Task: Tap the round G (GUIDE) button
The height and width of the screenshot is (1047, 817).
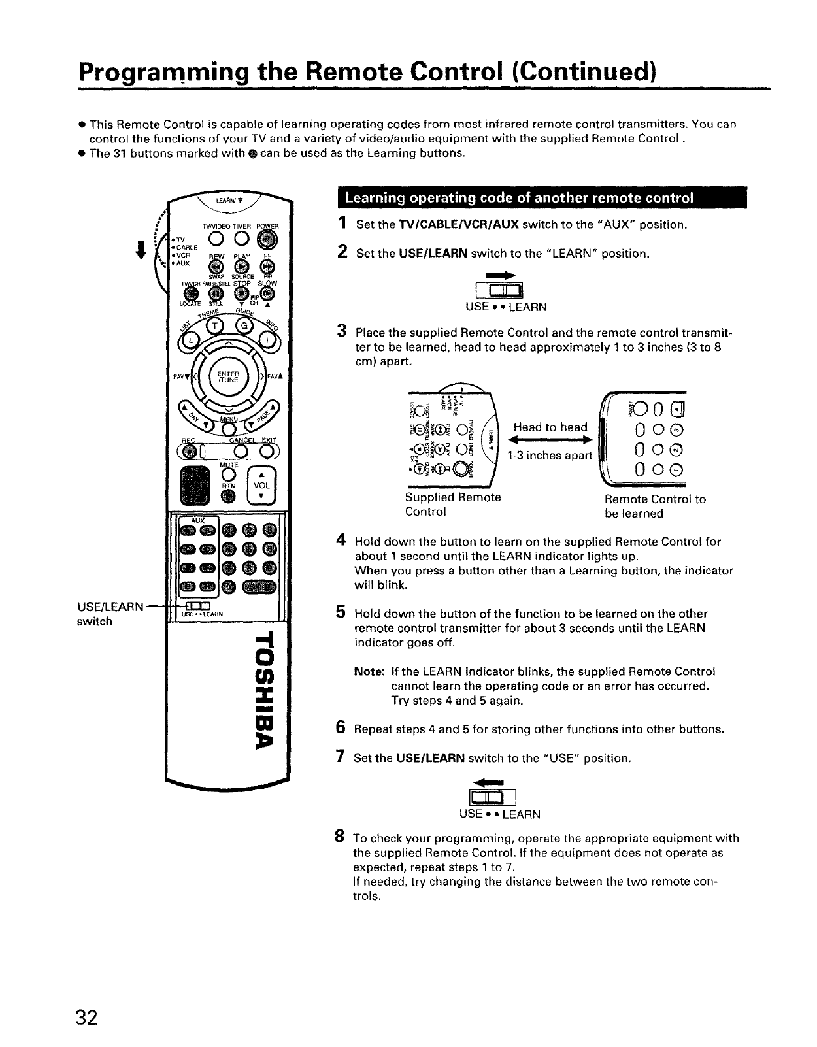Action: (x=244, y=325)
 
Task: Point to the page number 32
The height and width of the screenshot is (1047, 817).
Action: (x=86, y=1018)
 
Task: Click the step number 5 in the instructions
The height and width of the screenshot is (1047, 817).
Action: (x=341, y=612)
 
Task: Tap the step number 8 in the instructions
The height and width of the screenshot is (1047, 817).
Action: (x=339, y=837)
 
